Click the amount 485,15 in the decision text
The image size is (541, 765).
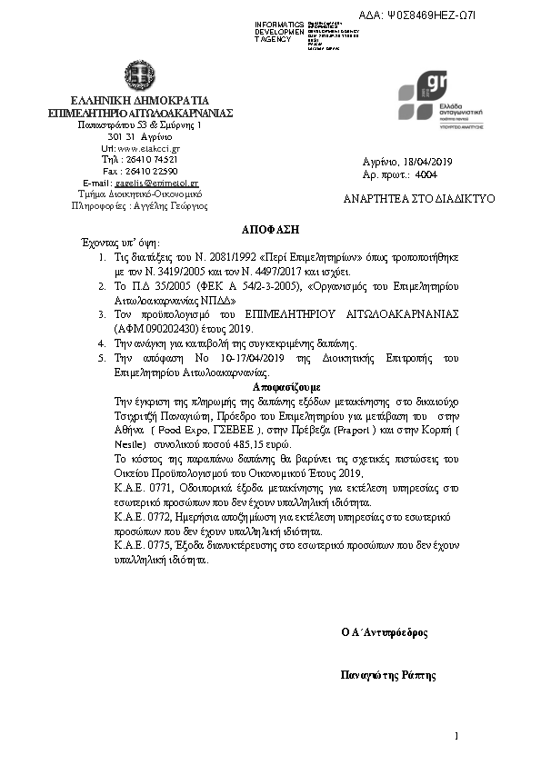click(248, 446)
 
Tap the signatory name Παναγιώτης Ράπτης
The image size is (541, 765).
click(388, 675)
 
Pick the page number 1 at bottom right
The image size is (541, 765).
click(456, 735)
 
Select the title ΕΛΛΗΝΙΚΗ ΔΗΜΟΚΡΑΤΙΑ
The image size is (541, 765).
click(140, 100)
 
